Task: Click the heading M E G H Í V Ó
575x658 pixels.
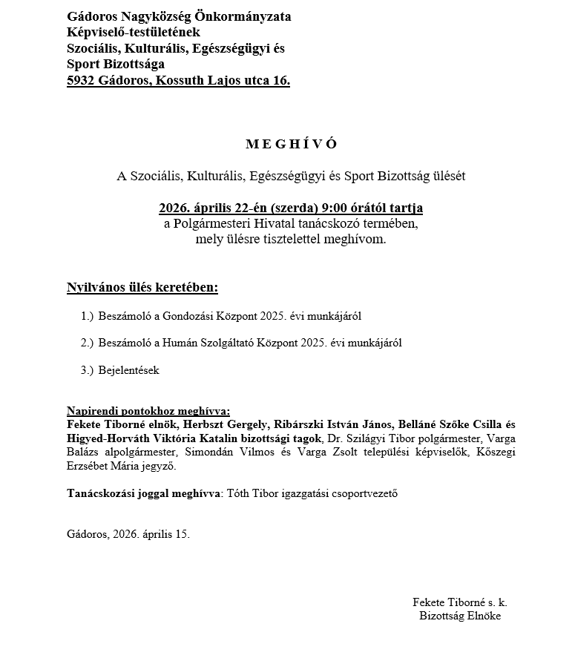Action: pyautogui.click(x=291, y=144)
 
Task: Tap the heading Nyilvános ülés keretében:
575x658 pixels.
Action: pyautogui.click(x=142, y=287)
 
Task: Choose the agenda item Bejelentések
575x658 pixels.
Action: pyautogui.click(x=128, y=370)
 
